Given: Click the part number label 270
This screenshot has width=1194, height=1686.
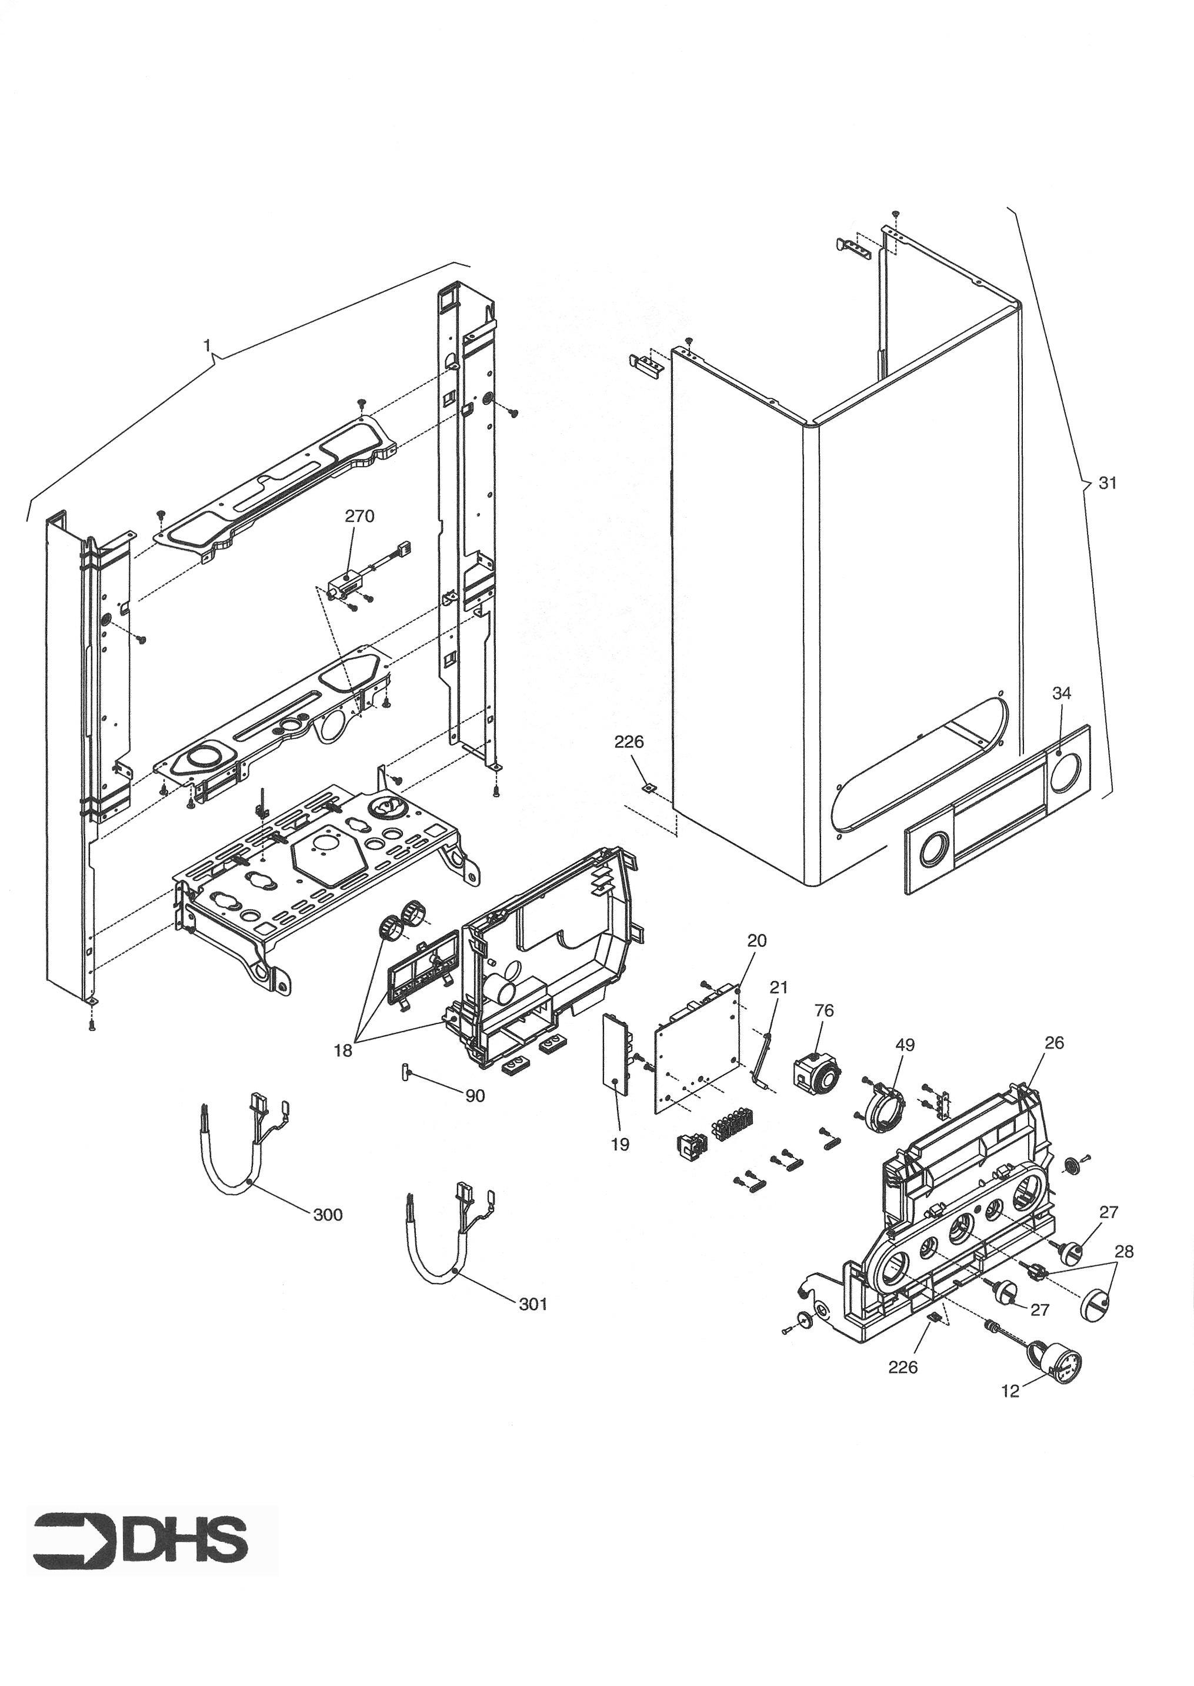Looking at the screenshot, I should click(x=359, y=517).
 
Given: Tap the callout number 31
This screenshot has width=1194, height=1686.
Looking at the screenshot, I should click(x=1107, y=483).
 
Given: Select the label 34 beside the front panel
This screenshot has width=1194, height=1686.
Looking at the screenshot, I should click(x=1061, y=693).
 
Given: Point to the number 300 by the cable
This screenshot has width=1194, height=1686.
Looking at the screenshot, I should click(x=328, y=1215).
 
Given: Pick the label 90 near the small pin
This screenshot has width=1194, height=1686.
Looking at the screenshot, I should click(x=475, y=1096).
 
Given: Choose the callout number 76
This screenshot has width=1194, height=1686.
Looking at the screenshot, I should click(x=824, y=1012).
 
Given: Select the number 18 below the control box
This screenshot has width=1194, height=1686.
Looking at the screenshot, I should click(x=343, y=1050).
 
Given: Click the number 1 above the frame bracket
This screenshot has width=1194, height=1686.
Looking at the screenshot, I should click(x=207, y=345).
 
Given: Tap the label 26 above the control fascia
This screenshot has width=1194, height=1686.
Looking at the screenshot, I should click(x=1054, y=1043).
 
